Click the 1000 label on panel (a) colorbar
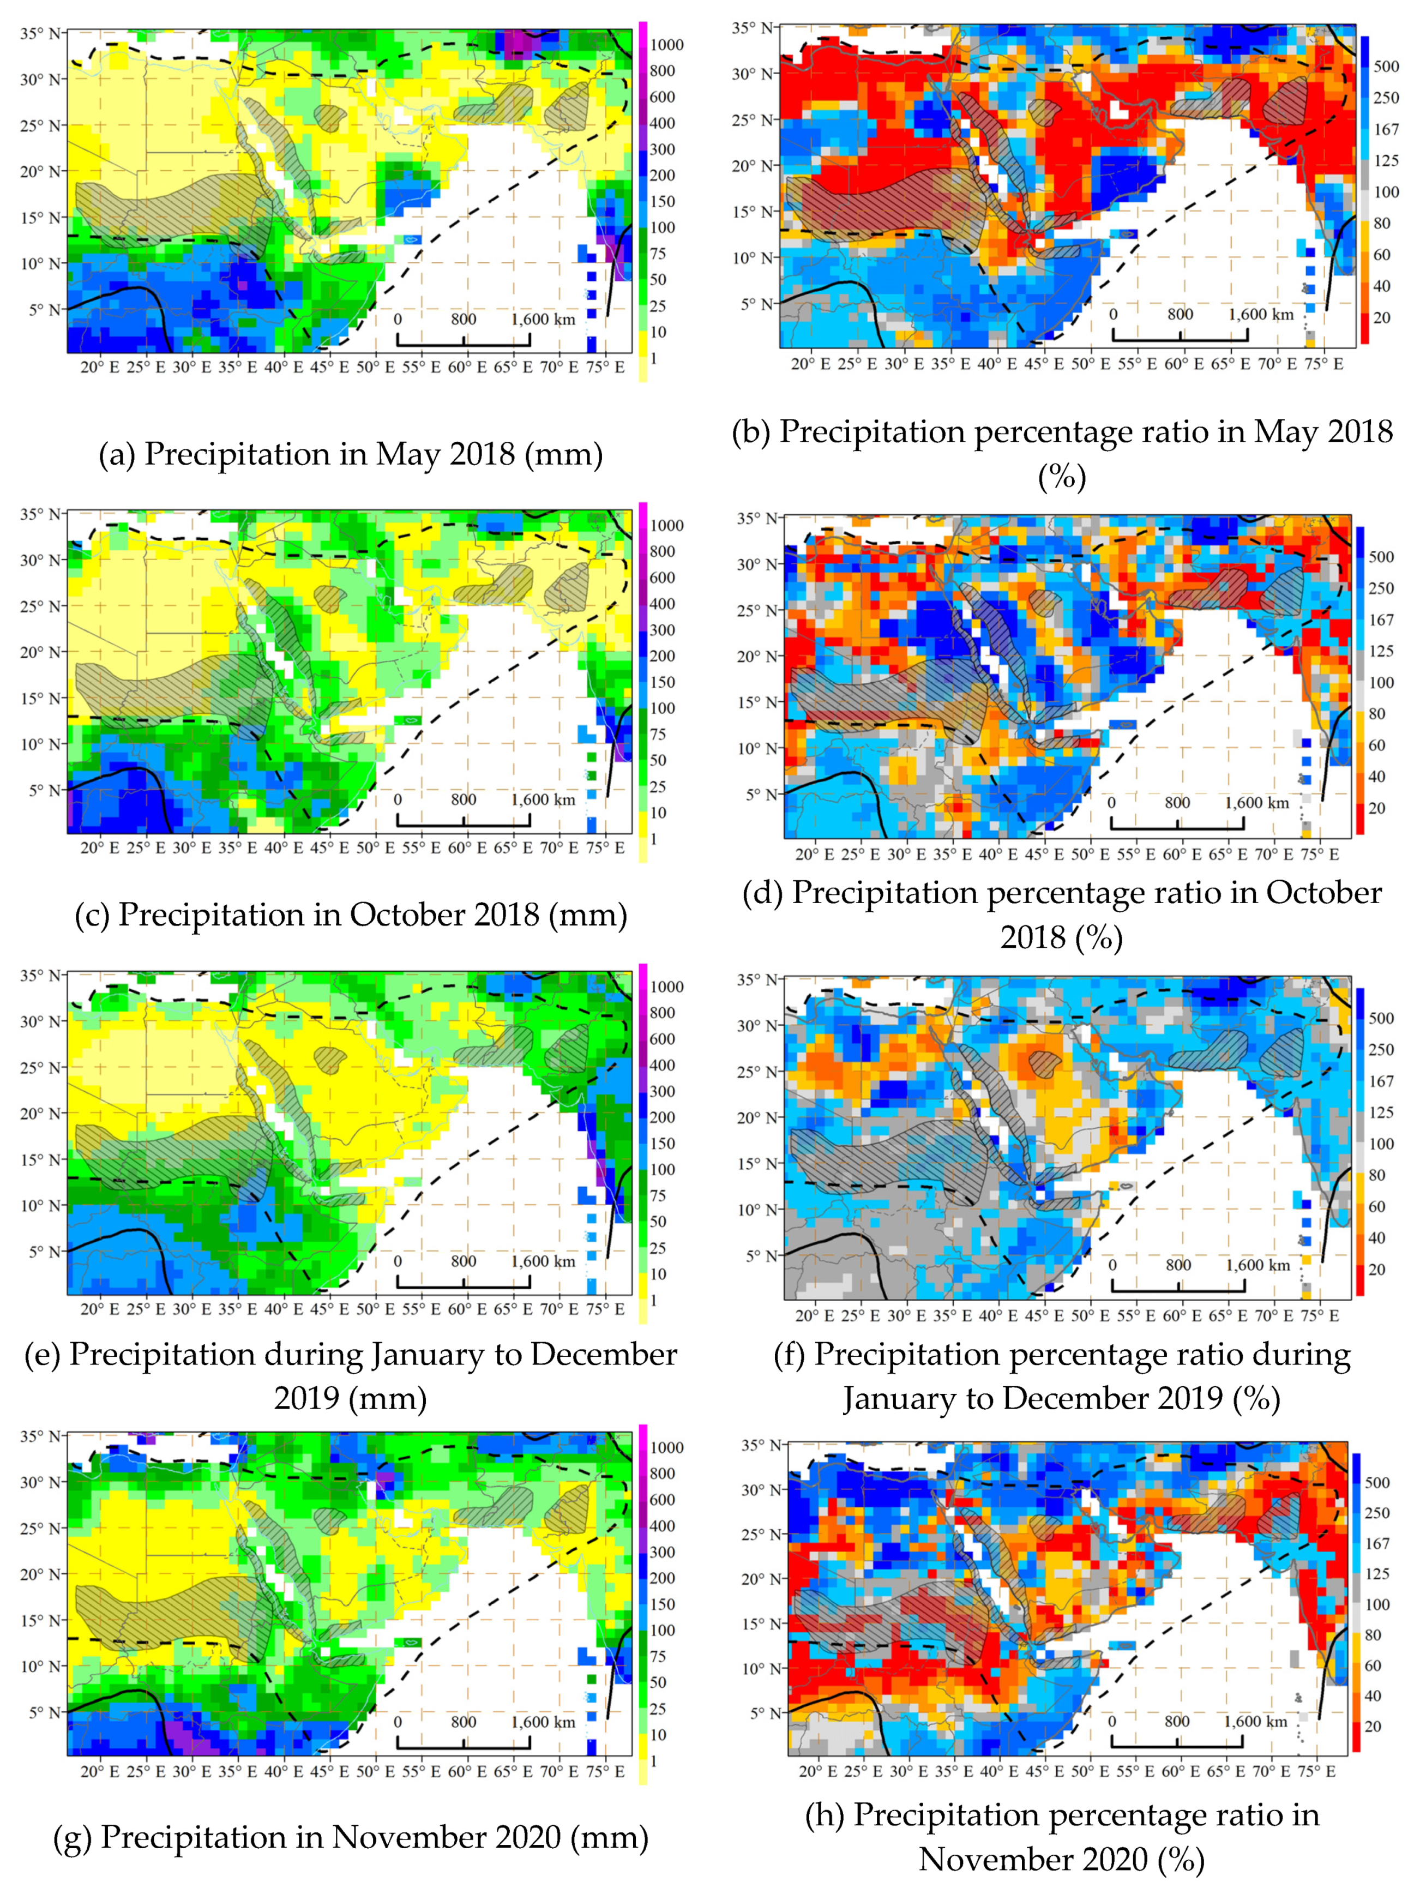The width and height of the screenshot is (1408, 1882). coord(666,45)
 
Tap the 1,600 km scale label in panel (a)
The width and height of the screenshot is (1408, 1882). coord(543,320)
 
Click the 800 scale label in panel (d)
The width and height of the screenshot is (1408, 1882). coord(1177,802)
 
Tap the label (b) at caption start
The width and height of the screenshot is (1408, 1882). coord(751,432)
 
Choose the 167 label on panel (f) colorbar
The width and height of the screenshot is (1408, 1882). coord(1381,1080)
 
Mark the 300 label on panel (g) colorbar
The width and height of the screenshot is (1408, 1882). coord(662,1552)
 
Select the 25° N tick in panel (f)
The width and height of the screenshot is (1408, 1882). coord(756,1071)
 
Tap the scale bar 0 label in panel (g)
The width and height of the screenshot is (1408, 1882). coord(398,1722)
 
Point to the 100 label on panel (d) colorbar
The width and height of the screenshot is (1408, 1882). coord(1381,682)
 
